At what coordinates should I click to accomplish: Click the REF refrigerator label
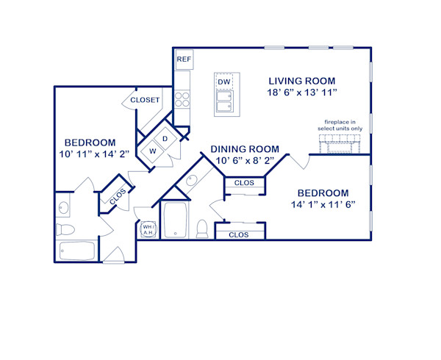(182, 59)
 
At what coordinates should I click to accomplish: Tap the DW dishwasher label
(223, 82)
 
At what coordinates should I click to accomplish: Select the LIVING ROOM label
(301, 81)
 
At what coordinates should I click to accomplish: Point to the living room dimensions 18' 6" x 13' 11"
(301, 93)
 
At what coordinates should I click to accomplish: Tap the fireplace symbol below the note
(339, 143)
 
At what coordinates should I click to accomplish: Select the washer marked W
(154, 151)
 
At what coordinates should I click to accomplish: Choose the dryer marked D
(165, 139)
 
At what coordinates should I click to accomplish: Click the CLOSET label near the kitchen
(145, 100)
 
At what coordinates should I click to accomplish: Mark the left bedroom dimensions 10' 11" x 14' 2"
(90, 155)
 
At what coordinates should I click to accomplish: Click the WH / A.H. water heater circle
(148, 230)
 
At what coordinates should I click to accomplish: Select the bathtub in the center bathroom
(176, 220)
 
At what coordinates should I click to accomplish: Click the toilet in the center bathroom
(202, 228)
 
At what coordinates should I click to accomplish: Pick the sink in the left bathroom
(62, 209)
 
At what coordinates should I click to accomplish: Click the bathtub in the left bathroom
(76, 250)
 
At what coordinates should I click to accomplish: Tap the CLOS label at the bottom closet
(239, 235)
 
